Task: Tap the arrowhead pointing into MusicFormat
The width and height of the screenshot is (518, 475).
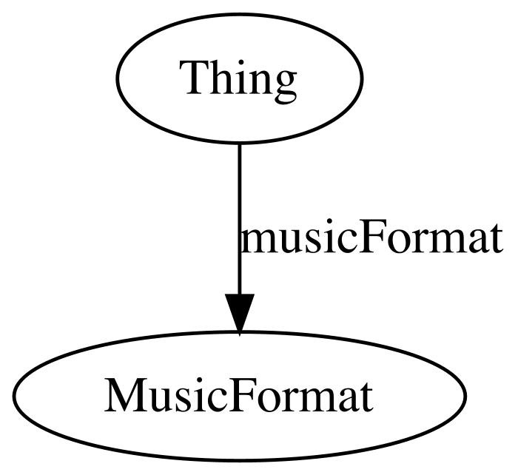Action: click(240, 313)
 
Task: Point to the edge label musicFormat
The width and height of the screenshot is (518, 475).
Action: click(371, 237)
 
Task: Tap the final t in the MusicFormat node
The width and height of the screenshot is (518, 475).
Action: click(366, 398)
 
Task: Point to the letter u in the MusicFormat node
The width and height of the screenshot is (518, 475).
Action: click(159, 400)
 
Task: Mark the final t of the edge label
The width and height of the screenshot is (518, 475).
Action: click(495, 239)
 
